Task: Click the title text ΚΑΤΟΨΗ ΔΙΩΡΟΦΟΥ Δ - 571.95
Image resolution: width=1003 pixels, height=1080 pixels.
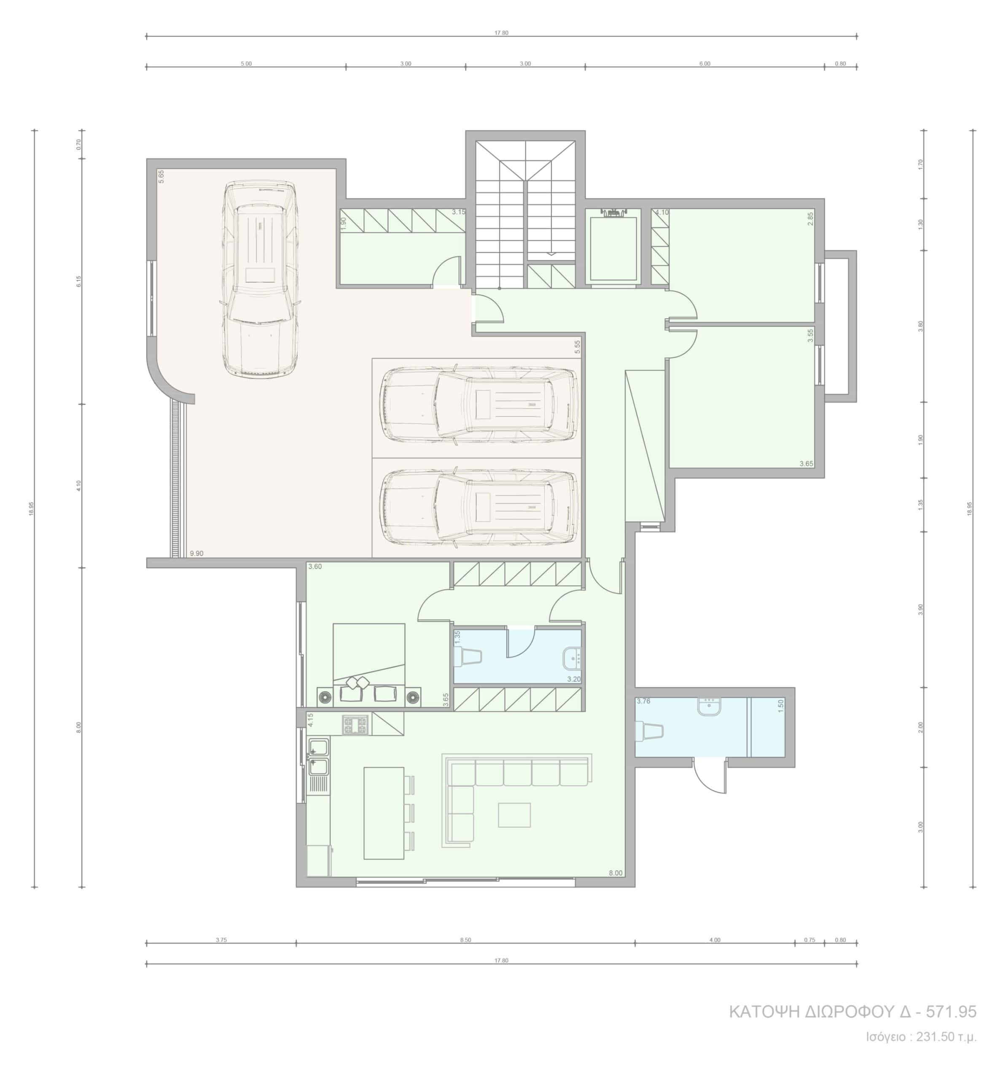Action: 852,1012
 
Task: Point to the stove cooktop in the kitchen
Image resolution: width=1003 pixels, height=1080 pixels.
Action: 355,724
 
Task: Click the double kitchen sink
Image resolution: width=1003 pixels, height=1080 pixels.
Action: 319,757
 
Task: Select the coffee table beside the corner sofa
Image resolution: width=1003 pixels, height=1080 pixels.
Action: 514,815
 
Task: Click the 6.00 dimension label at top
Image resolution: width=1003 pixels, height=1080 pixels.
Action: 705,64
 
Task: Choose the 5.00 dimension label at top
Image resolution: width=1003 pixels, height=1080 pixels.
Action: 246,64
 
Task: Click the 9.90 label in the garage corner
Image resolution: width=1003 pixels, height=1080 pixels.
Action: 196,553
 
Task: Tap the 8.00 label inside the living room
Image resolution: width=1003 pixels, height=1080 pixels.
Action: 616,873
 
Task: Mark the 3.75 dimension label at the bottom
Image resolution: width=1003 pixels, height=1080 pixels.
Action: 221,940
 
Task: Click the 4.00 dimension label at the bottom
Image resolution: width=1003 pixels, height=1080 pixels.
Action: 715,940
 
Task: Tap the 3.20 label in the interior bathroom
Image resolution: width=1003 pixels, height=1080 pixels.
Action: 574,679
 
